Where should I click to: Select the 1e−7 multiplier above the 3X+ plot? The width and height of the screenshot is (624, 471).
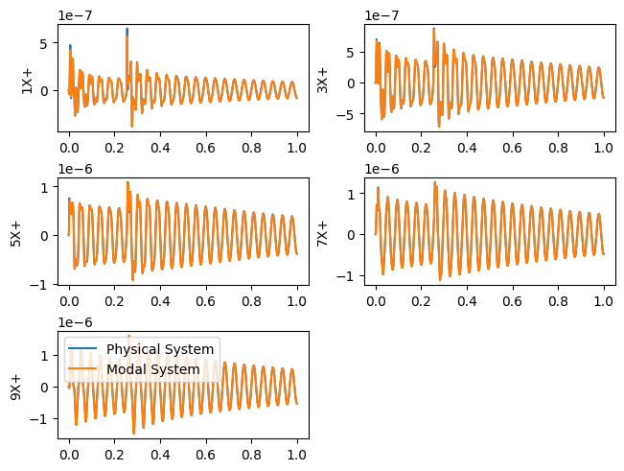coord(382,15)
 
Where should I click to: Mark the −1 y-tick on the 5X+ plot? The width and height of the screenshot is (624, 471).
coord(42,285)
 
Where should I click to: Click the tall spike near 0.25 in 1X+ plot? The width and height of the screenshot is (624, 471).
coord(127,31)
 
